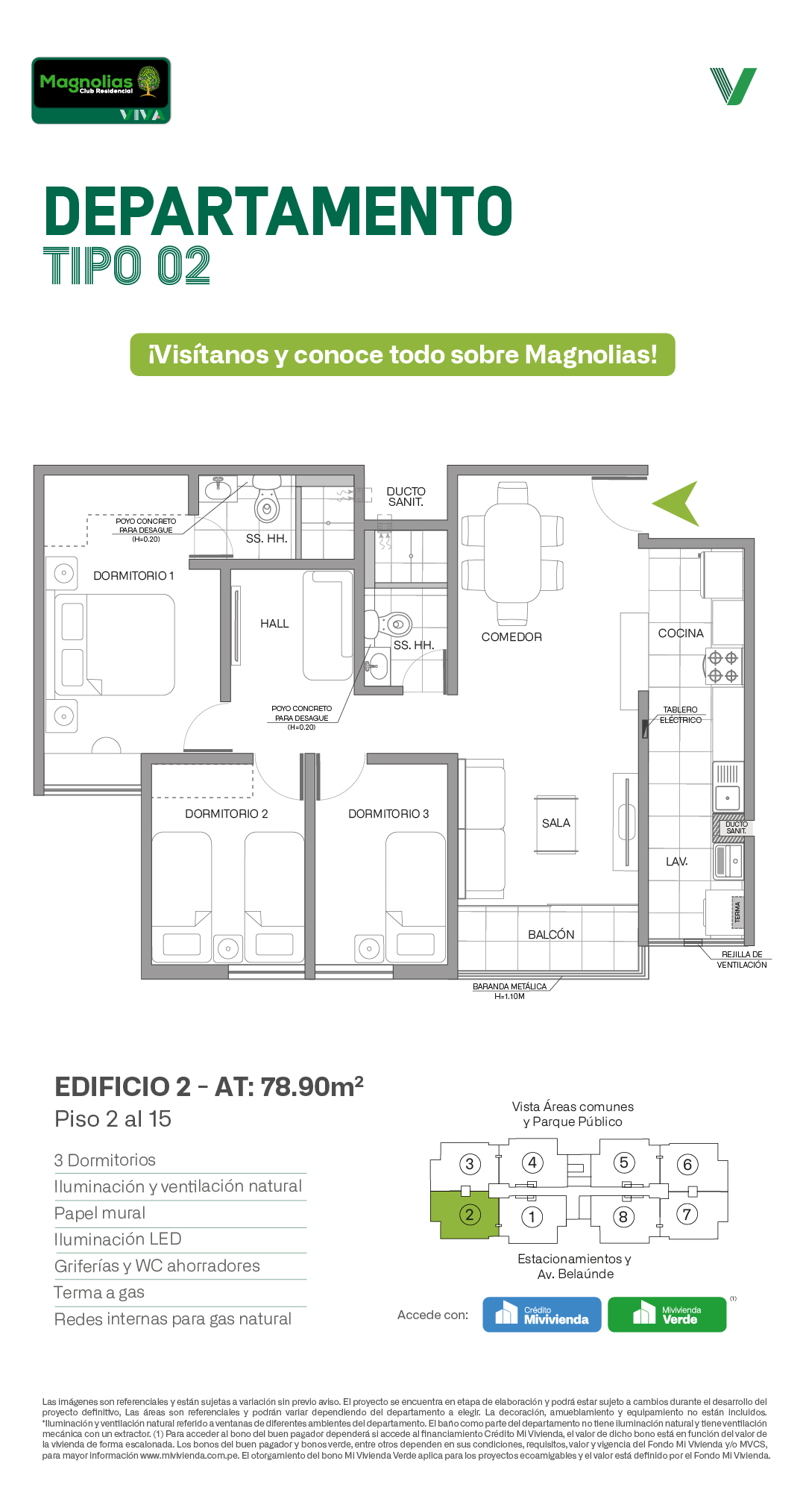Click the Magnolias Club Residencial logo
click(101, 90)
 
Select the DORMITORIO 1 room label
click(133, 576)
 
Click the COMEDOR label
click(511, 637)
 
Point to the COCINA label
click(681, 633)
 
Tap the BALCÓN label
click(551, 935)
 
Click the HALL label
click(274, 624)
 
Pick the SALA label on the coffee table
click(556, 823)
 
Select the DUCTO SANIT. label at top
click(406, 497)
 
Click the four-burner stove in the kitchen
click(723, 667)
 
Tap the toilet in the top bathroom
click(267, 499)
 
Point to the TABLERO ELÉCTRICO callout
click(681, 715)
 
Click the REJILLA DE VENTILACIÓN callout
click(742, 960)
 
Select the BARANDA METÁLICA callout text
click(510, 991)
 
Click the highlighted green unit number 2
click(469, 1215)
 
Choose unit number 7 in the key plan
click(687, 1214)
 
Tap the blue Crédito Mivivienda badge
click(542, 1315)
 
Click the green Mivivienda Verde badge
click(667, 1315)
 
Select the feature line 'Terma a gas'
click(99, 1293)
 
